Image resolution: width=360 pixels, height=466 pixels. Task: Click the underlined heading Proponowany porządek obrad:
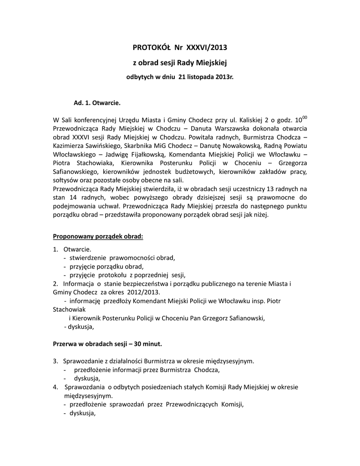pyautogui.click(x=98, y=237)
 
